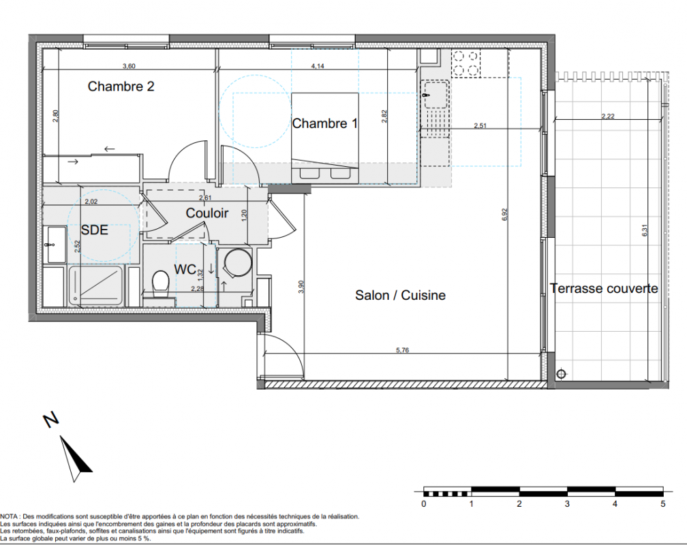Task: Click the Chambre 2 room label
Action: [x=121, y=87]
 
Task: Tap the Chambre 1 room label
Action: [x=325, y=123]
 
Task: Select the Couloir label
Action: [x=207, y=213]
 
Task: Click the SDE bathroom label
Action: [x=94, y=230]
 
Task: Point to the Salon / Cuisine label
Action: [x=401, y=295]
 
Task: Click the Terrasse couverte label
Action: [x=604, y=289]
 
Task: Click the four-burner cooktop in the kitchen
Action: [x=465, y=63]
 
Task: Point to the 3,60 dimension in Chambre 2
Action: [x=129, y=66]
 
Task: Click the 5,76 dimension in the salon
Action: [x=403, y=350]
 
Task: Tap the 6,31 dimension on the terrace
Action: [x=645, y=230]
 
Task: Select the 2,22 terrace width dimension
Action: [x=608, y=116]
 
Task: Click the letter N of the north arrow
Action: [x=51, y=420]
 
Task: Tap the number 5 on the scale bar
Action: [x=663, y=504]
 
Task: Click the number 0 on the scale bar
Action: [x=424, y=504]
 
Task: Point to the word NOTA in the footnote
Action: [x=9, y=516]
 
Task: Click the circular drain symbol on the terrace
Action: [x=562, y=374]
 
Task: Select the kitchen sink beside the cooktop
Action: [x=435, y=94]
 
